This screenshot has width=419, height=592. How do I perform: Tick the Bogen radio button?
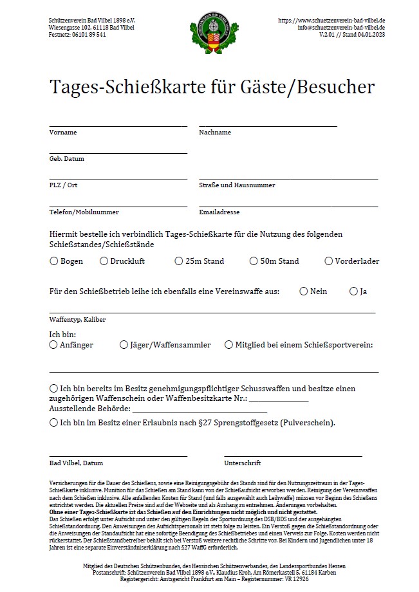coord(53,261)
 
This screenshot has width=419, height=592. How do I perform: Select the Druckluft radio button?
coord(104,261)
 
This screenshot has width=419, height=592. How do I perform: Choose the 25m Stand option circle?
coord(178,261)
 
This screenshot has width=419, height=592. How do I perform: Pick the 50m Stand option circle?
coord(254,261)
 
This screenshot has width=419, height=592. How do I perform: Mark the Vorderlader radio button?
coord(329,261)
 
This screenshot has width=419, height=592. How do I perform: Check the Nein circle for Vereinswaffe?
coord(303,291)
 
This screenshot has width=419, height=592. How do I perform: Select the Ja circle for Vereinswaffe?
coord(353,291)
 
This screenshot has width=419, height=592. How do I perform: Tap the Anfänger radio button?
coord(53,345)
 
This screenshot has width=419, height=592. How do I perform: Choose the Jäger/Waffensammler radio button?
coord(124,345)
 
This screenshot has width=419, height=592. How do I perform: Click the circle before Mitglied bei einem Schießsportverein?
coord(228,345)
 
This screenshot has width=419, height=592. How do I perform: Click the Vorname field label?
coord(63,132)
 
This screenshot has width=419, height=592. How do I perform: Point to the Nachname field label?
coord(215,132)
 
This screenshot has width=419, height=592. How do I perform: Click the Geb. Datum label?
coord(67,158)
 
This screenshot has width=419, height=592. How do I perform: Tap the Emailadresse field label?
coord(219,212)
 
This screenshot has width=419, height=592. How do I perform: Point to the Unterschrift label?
coord(242,463)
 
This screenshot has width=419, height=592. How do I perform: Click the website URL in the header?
coord(331,21)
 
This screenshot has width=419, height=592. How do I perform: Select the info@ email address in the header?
coord(341,28)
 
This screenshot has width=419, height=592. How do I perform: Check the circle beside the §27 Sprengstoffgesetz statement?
coord(53,423)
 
